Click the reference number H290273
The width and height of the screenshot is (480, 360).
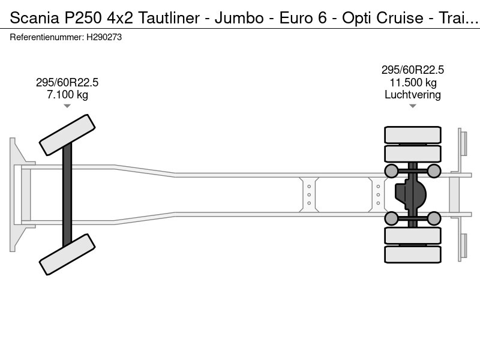point(105,37)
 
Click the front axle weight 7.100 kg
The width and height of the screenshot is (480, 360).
point(67,95)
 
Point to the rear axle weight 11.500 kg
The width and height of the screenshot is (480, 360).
point(412,83)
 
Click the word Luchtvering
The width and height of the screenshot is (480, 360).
point(412,95)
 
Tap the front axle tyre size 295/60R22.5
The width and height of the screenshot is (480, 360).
point(67,83)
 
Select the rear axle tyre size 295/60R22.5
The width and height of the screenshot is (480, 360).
point(412,70)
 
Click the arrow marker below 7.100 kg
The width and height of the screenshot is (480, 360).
point(67,106)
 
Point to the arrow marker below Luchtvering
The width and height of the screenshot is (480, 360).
point(412,106)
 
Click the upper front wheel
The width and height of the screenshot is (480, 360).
point(67,135)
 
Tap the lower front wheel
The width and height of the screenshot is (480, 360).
point(67,254)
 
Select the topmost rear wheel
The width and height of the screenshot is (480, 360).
point(412,134)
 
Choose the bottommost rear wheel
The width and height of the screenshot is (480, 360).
point(412,254)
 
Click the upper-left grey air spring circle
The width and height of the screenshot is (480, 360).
point(391,172)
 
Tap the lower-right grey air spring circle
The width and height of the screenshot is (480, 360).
point(434,218)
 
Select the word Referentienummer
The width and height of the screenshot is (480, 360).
point(46,37)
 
